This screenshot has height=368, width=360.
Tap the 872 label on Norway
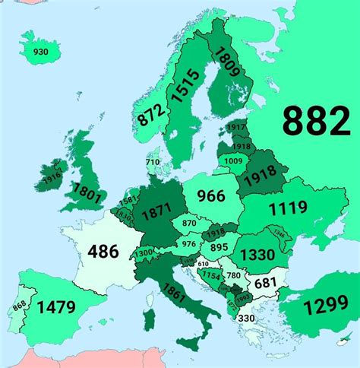[148, 112]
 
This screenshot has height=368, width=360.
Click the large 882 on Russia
[316, 120]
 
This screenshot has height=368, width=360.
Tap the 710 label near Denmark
[153, 162]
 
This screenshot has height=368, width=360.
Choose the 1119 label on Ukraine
[286, 207]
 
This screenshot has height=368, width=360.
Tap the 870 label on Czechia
[190, 224]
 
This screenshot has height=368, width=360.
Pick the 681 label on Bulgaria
[265, 283]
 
